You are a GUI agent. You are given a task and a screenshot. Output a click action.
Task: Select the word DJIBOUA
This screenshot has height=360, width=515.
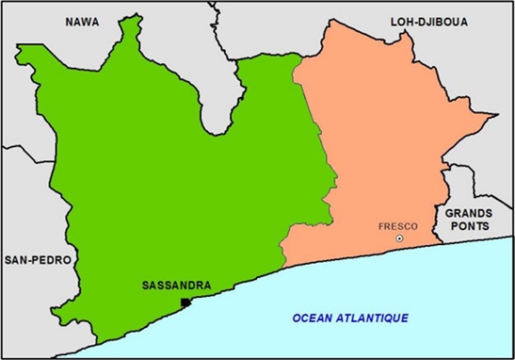[449, 21]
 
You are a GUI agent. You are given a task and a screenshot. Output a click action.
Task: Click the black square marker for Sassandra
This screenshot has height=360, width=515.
[185, 302]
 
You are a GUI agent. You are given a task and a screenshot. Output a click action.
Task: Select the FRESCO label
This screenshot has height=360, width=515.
[396, 226]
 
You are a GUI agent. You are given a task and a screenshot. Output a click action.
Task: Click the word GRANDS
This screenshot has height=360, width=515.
[468, 214]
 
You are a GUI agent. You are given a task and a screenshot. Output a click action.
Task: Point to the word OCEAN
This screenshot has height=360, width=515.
[314, 319]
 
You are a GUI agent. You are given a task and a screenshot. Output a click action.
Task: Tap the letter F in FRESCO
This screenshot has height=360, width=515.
[380, 226]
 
